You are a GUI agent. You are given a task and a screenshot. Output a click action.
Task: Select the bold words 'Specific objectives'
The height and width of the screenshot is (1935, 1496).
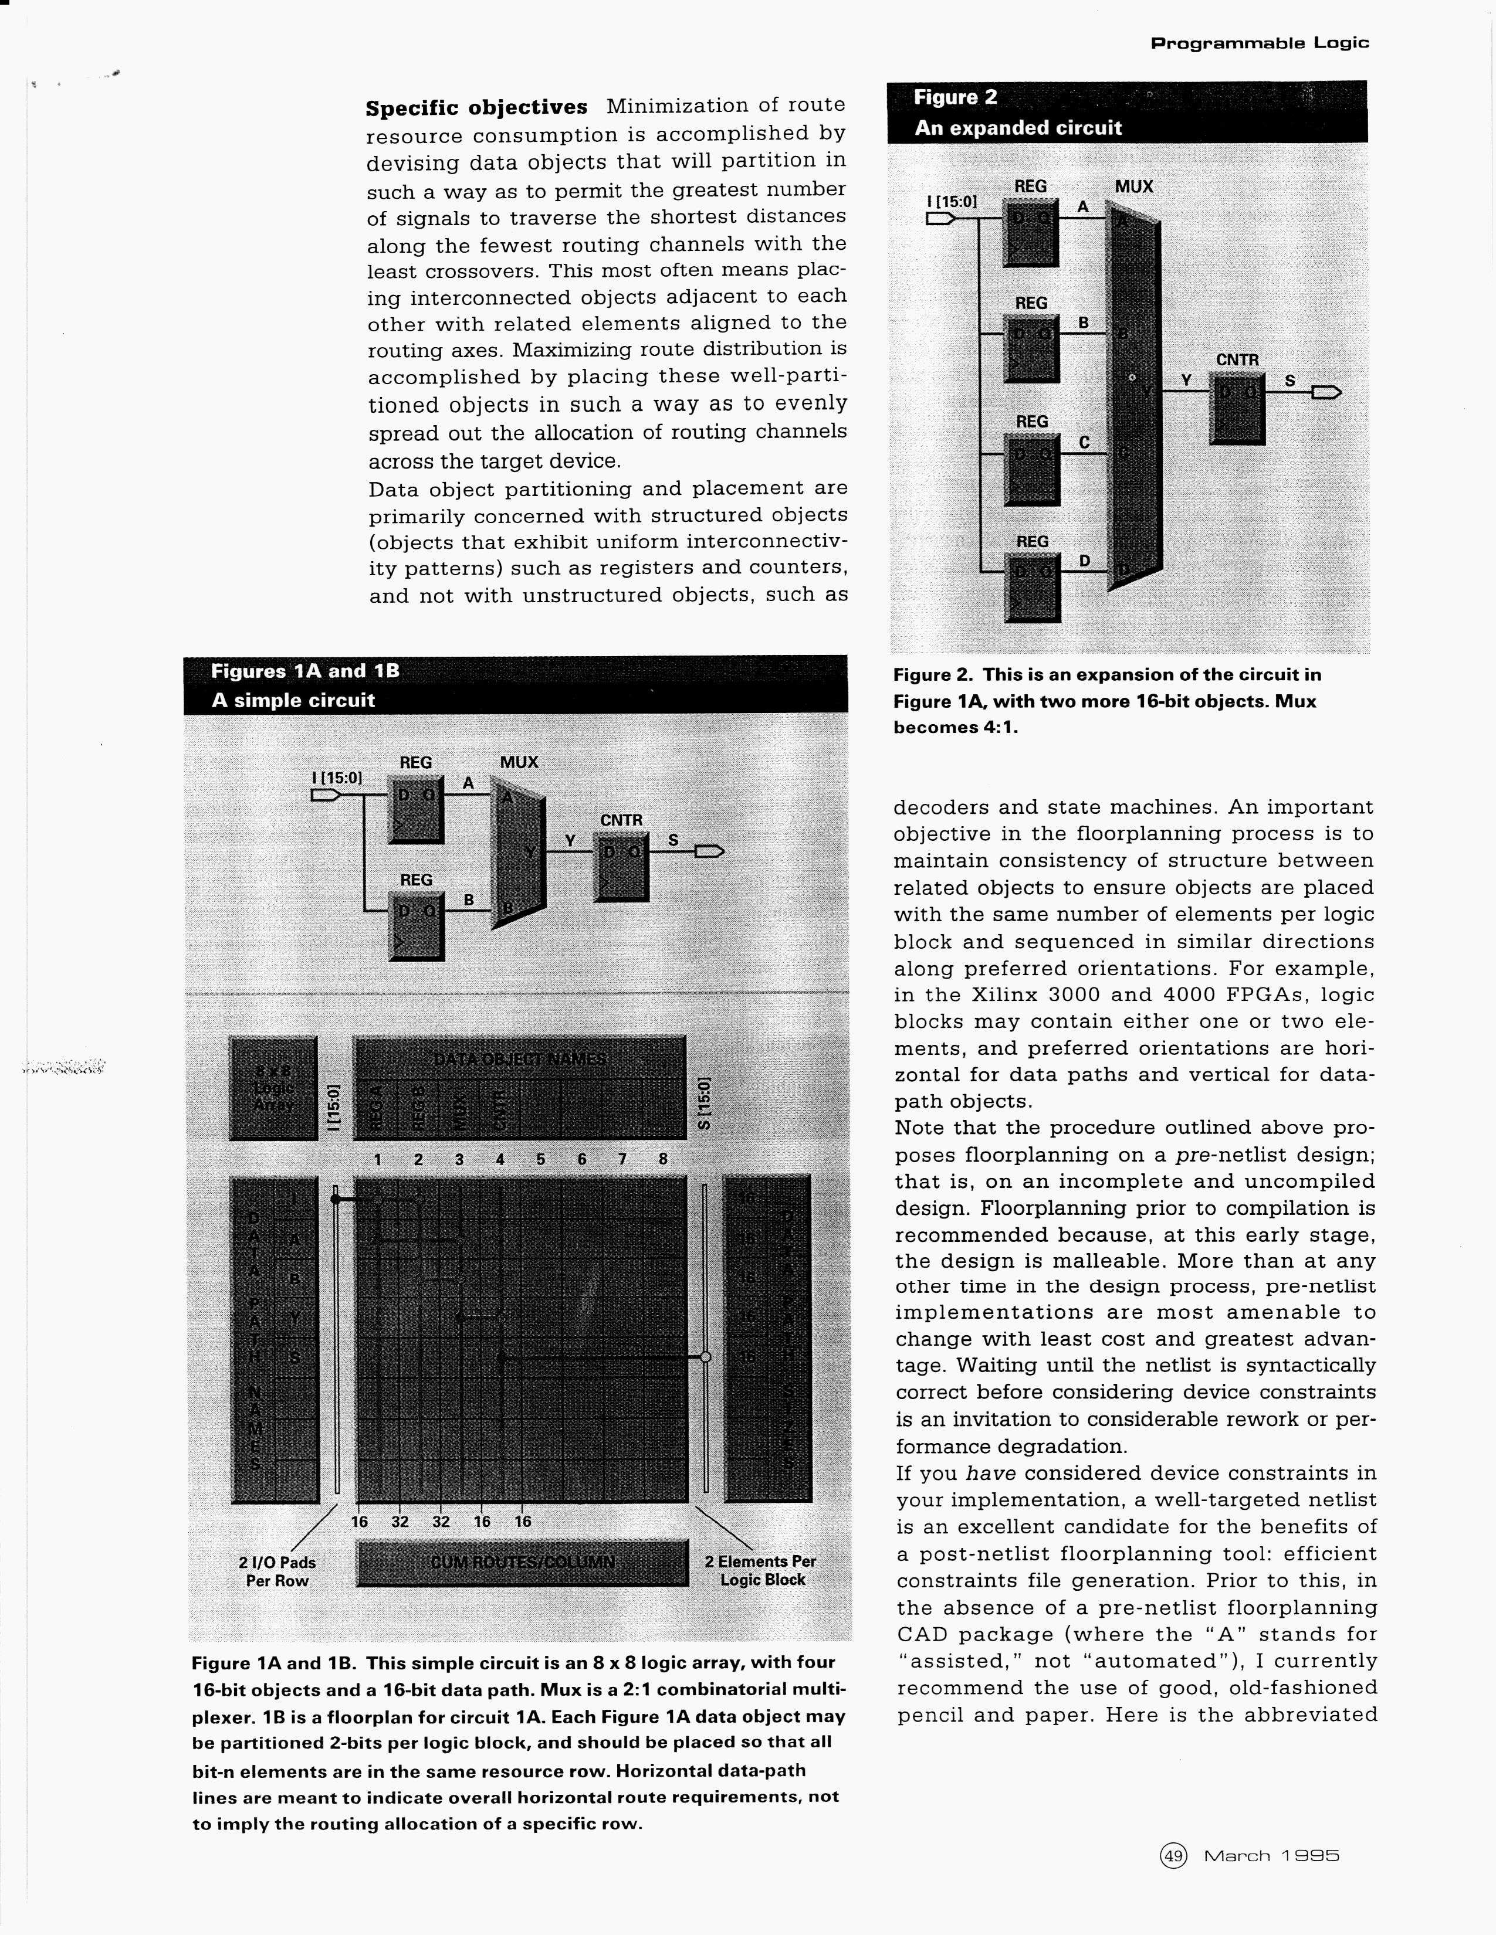click(476, 108)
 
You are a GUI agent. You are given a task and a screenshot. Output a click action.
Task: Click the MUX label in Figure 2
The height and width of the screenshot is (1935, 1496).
click(1133, 187)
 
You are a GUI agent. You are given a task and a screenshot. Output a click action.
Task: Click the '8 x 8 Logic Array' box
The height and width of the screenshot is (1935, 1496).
click(273, 1087)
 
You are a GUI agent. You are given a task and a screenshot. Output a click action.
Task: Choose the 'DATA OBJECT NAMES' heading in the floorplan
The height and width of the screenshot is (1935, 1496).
click(519, 1060)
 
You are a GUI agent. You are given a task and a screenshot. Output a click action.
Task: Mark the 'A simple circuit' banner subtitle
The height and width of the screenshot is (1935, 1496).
click(293, 700)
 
